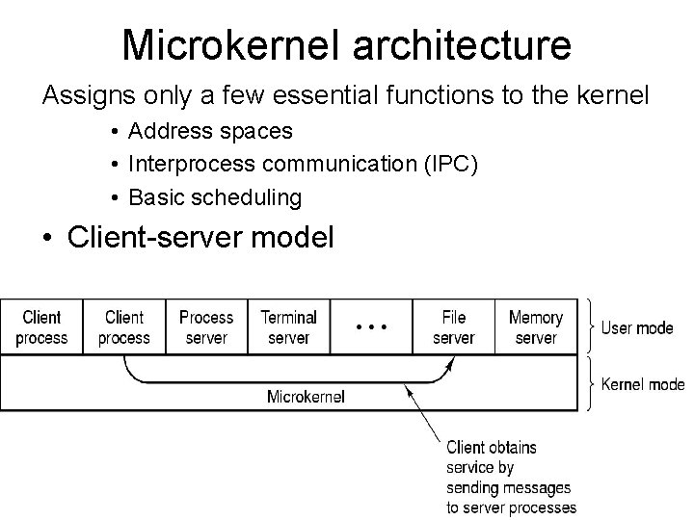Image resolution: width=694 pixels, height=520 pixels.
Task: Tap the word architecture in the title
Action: [x=457, y=44]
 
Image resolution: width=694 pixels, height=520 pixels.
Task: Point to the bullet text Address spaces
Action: [x=210, y=130]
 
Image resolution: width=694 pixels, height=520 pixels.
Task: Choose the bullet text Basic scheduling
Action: [x=214, y=198]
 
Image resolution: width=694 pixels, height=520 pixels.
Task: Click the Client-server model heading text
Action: [x=200, y=237]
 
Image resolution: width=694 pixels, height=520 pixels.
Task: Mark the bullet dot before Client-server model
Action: [x=48, y=238]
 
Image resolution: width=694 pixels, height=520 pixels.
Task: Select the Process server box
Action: [x=206, y=327]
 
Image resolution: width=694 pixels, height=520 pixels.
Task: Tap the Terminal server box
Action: [x=288, y=327]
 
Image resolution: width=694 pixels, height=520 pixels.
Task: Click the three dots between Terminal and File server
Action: [x=371, y=327]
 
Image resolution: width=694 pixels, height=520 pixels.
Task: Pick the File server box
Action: [x=453, y=327]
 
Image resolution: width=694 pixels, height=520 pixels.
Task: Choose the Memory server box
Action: [x=536, y=327]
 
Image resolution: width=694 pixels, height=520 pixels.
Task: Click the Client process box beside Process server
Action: [x=124, y=327]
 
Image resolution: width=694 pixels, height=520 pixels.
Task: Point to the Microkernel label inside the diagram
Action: [x=306, y=396]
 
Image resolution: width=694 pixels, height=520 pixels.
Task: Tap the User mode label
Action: [x=637, y=328]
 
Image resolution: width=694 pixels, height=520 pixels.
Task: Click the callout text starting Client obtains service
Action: [x=510, y=478]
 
